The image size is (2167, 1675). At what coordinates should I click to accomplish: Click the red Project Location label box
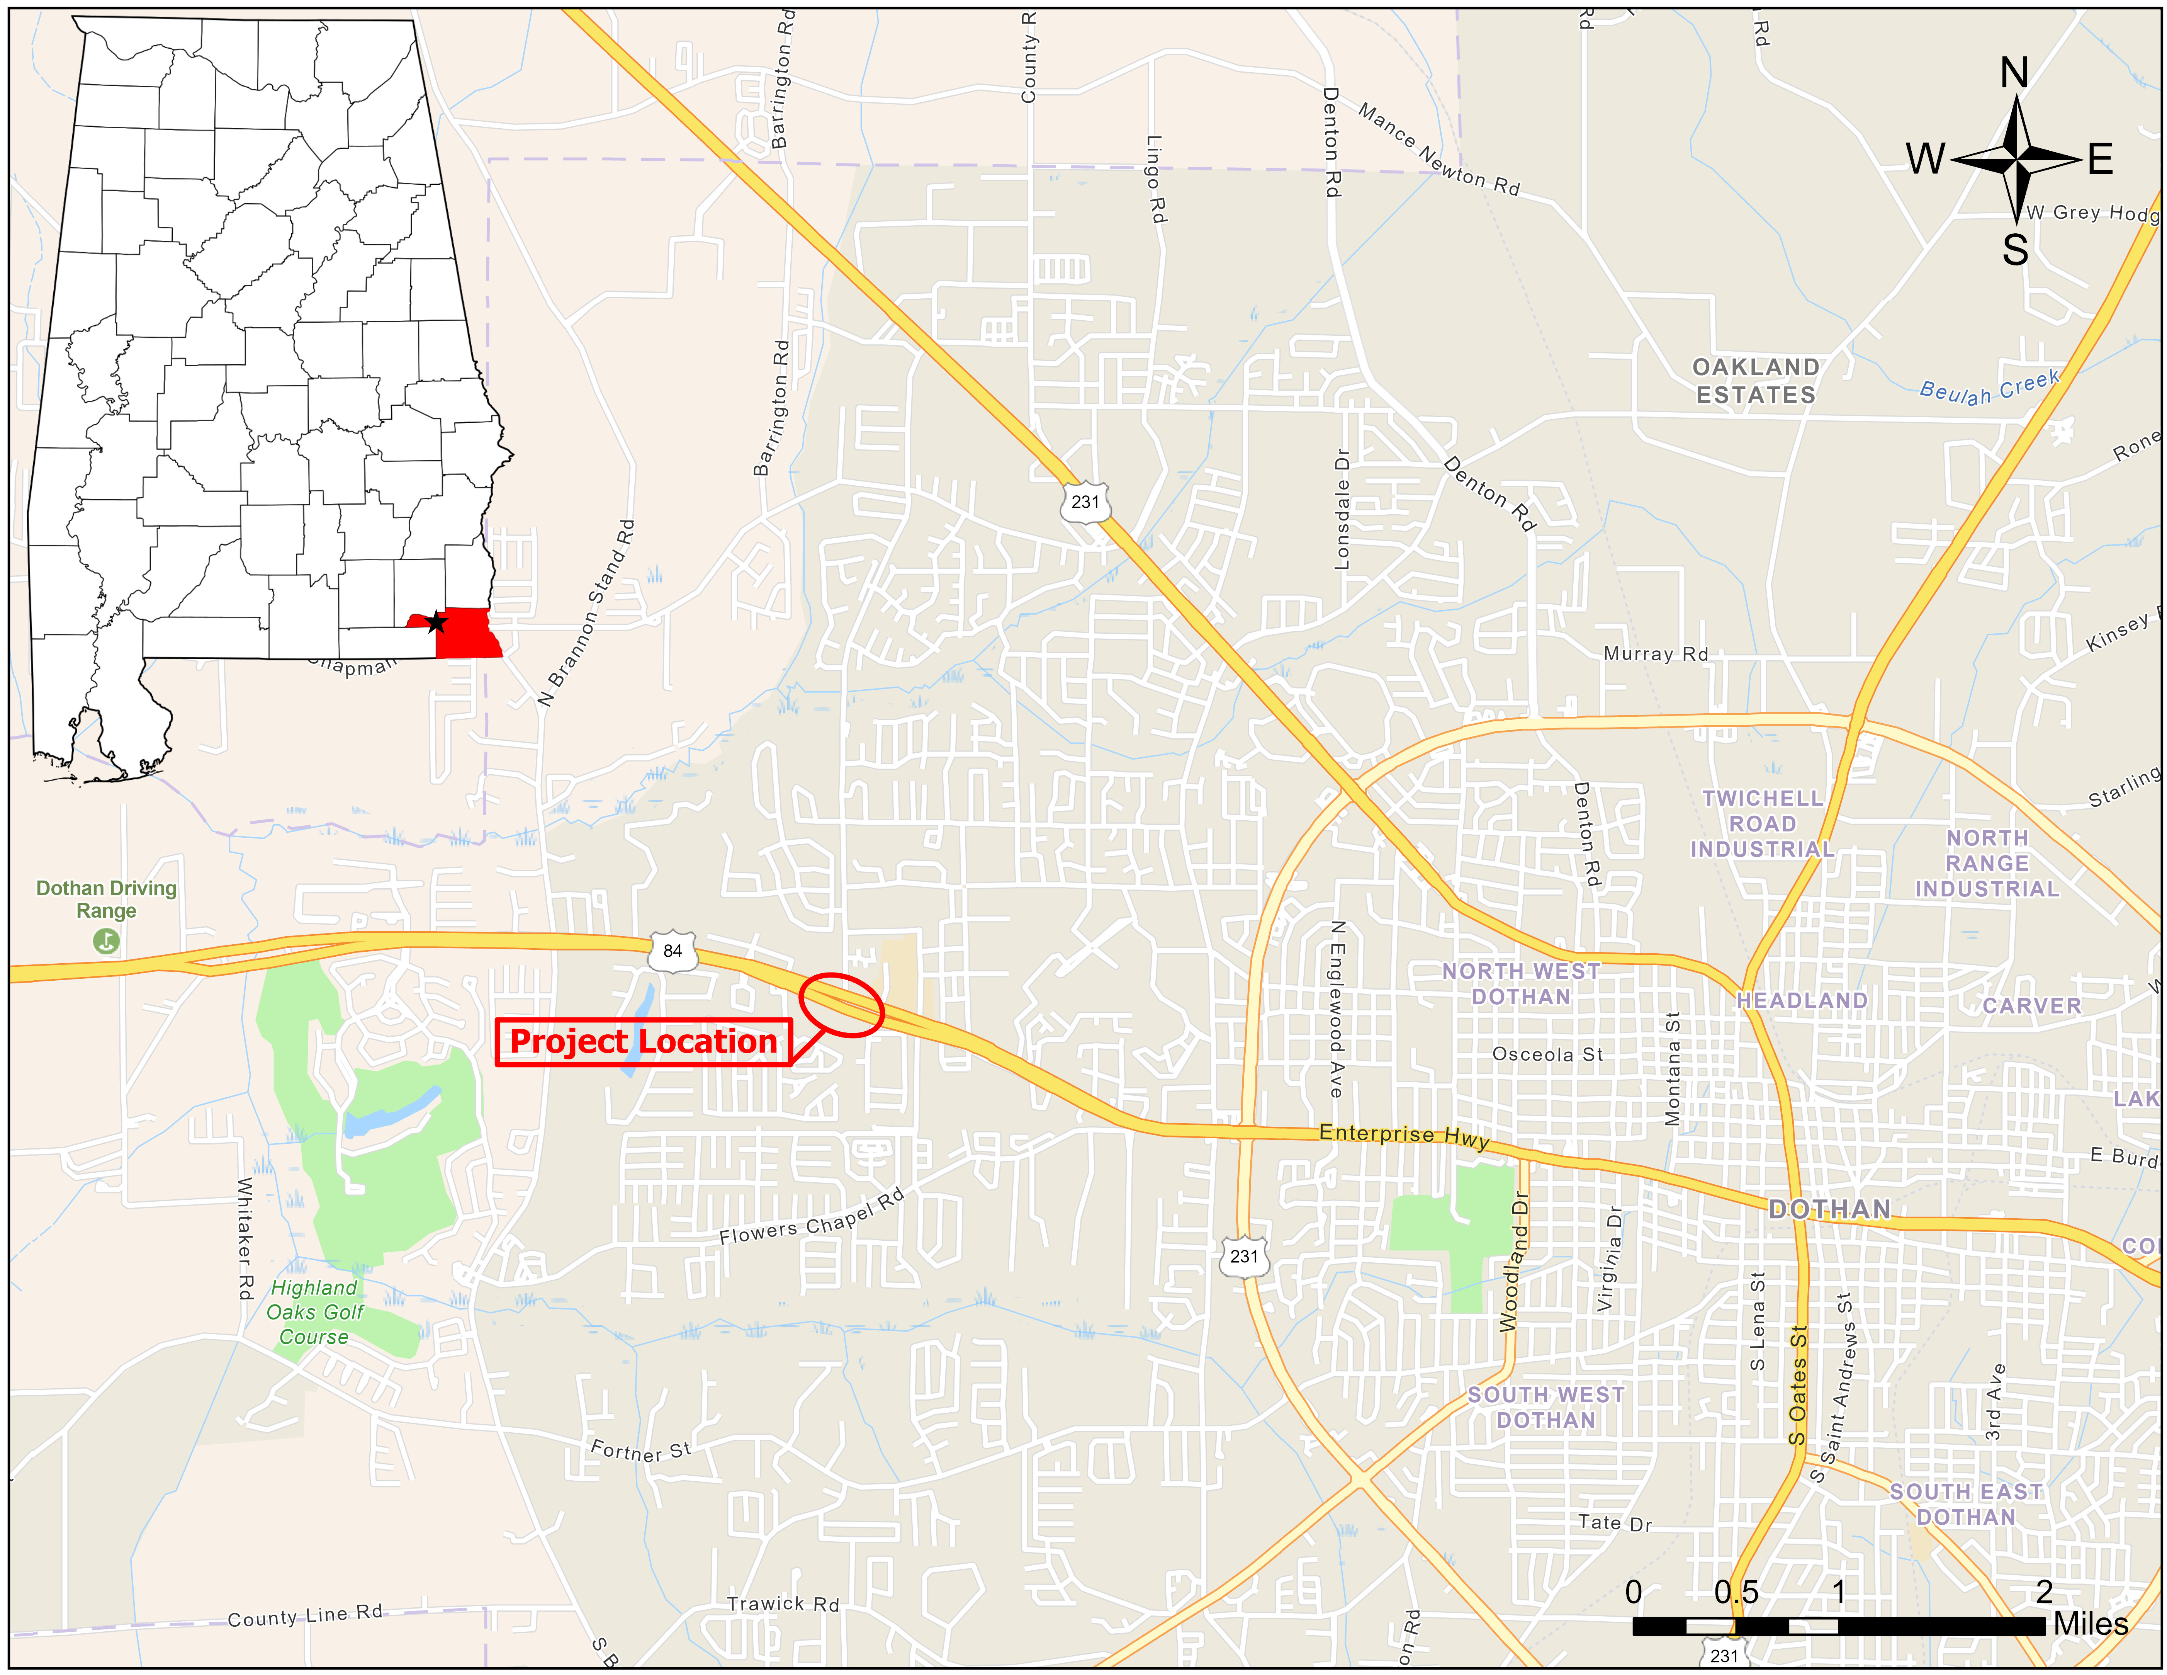643,1042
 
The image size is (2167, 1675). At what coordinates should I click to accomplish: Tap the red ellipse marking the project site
841,1005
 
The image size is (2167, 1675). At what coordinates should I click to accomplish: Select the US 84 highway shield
673,951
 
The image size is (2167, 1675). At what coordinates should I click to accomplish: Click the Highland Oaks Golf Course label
314,1312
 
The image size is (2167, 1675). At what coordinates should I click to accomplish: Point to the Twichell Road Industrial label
1762,824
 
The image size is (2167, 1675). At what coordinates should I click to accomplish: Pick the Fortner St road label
640,1451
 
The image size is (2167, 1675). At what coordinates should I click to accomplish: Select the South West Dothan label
1546,1407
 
